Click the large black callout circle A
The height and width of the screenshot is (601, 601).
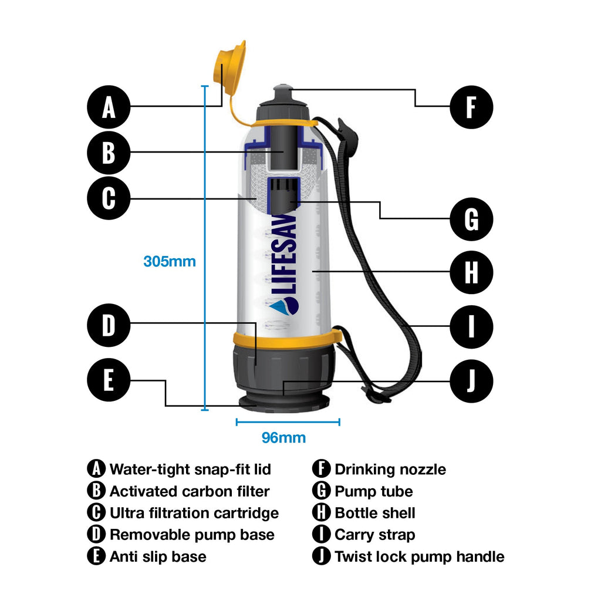(x=109, y=108)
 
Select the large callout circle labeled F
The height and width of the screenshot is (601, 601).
(x=471, y=108)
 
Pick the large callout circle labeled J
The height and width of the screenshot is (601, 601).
(x=471, y=381)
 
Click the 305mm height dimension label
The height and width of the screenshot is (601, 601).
(x=170, y=261)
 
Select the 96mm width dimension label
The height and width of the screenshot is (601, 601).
(x=283, y=438)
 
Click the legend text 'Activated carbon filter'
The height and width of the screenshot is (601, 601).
(x=190, y=491)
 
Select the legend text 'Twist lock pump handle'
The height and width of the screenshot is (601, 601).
(x=419, y=556)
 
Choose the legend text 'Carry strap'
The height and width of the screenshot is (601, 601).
(x=374, y=535)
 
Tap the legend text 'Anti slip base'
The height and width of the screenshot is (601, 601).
(x=158, y=556)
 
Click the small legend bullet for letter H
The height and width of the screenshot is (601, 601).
(x=321, y=513)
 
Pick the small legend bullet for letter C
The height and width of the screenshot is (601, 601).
(x=96, y=513)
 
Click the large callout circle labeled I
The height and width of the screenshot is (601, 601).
(x=471, y=326)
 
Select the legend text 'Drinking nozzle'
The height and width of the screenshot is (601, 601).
(x=390, y=470)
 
